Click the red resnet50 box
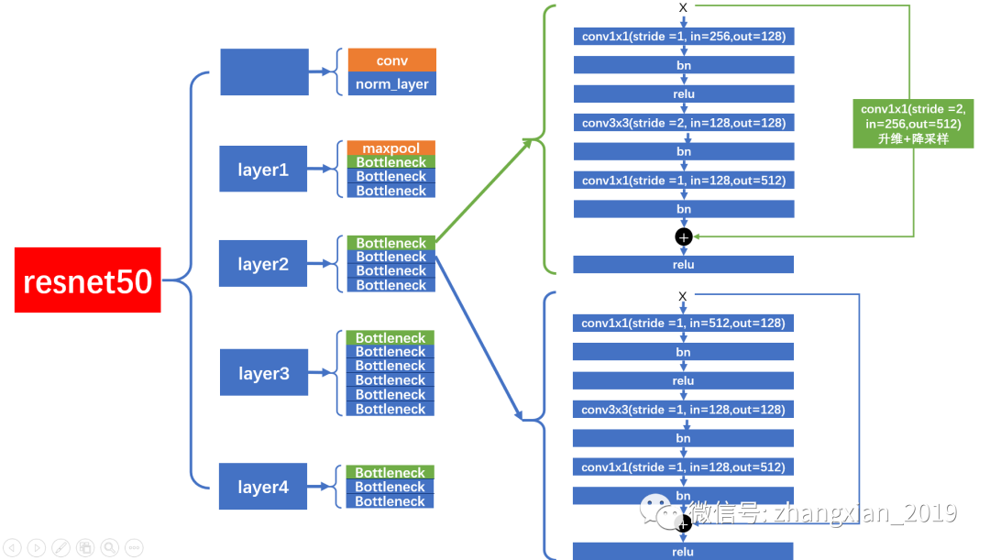pyautogui.click(x=88, y=280)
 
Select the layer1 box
pyautogui.click(x=263, y=169)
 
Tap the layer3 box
pyautogui.click(x=263, y=372)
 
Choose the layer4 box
pyautogui.click(x=263, y=487)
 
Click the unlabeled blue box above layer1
pyautogui.click(x=264, y=71)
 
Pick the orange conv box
pyautogui.click(x=391, y=60)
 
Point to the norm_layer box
pyautogui.click(x=391, y=83)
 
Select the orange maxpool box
pyautogui.click(x=390, y=148)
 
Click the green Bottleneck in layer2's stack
pyautogui.click(x=390, y=243)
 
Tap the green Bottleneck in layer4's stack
pyautogui.click(x=390, y=472)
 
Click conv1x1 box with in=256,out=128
pyautogui.click(x=683, y=37)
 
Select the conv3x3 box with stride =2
pyautogui.click(x=683, y=123)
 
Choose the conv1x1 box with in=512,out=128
pyautogui.click(x=683, y=323)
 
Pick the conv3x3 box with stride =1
pyautogui.click(x=683, y=410)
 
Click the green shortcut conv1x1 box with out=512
pyautogui.click(x=912, y=122)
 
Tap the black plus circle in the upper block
pyautogui.click(x=683, y=236)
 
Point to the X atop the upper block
pyautogui.click(x=683, y=8)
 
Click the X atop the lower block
pyautogui.click(x=683, y=296)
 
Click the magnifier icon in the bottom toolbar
pyautogui.click(x=109, y=547)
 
